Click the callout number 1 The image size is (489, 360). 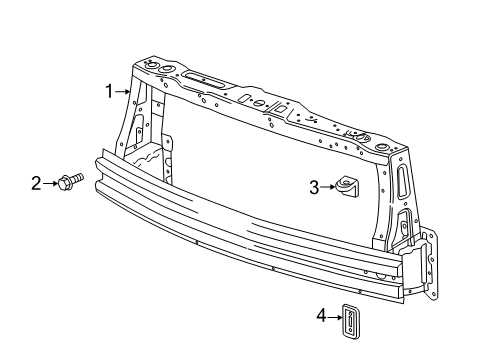(109, 91)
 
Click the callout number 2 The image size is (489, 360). (35, 182)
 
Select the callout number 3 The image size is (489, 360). (313, 185)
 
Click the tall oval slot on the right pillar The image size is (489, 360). (403, 182)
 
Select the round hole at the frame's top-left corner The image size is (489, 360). (153, 67)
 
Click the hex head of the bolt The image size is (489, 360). (64, 182)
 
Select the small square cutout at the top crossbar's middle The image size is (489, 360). (247, 99)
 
